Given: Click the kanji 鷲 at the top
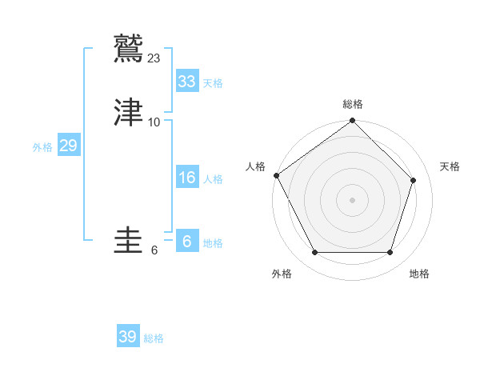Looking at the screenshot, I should point(129,48).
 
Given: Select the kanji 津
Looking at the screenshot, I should point(129,113).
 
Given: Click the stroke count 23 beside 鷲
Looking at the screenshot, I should point(154,58).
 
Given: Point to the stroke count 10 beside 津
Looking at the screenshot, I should point(154,122).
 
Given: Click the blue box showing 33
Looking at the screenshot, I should point(186,82).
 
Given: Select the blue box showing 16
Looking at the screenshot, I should point(186,178).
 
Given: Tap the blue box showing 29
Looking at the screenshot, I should point(68,146).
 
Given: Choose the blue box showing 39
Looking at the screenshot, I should point(127,337).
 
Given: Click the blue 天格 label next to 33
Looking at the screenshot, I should point(212,83).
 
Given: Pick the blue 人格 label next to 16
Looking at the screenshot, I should point(212,179).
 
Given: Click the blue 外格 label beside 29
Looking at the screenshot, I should point(42,147).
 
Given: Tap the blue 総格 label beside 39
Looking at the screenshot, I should point(154,338).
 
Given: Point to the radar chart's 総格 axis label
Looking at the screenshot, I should point(352,104).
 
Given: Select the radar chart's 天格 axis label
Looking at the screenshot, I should point(450,166).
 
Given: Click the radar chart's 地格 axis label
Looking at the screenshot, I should point(419,274).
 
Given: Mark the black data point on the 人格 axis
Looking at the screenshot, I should point(277,175).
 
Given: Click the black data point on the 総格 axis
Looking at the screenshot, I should point(352,122).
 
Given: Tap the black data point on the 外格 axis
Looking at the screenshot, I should point(314,253).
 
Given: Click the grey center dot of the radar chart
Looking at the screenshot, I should point(352,200).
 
